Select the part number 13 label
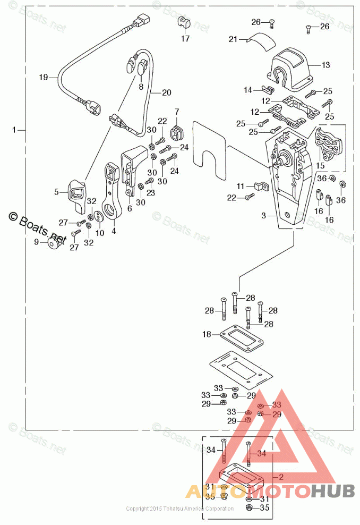[x=325, y=65]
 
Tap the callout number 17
[x=185, y=39]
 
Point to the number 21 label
[x=233, y=39]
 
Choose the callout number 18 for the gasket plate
[x=206, y=334]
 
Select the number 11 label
[x=241, y=187]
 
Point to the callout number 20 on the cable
[x=166, y=92]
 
